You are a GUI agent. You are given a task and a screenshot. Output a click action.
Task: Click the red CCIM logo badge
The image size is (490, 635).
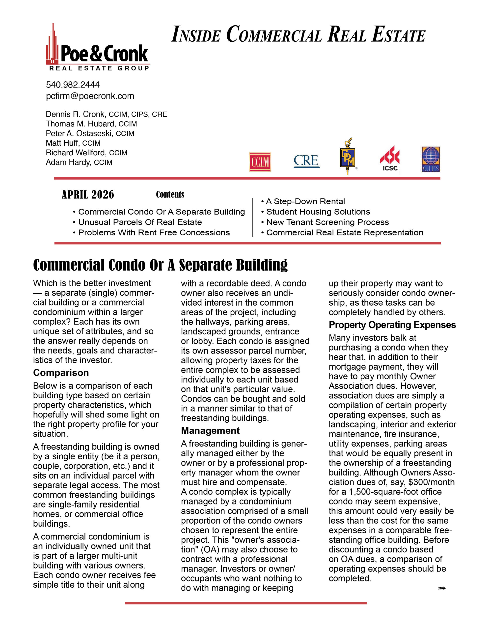(x=260, y=162)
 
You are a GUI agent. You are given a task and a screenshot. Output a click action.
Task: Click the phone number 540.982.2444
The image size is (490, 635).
(x=73, y=85)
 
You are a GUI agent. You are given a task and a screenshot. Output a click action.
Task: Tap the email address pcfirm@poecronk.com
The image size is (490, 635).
(x=90, y=96)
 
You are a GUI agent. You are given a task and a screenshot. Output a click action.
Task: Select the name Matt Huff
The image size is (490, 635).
(x=62, y=143)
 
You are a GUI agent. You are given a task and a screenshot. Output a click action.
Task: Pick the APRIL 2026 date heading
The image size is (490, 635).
(x=88, y=194)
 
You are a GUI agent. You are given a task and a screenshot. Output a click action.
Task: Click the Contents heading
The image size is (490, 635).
(x=170, y=194)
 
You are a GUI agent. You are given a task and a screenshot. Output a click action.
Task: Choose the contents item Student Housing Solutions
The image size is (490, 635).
(x=318, y=212)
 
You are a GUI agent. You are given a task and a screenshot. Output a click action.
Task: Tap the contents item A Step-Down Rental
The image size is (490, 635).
(x=305, y=201)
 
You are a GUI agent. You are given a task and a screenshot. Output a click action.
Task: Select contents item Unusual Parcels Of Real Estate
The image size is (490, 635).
(x=140, y=222)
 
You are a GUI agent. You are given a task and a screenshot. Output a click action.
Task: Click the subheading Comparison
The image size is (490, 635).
(x=61, y=373)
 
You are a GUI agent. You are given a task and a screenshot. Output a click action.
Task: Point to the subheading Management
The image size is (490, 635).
(x=210, y=430)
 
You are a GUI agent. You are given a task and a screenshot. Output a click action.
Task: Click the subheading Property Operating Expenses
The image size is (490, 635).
(x=392, y=325)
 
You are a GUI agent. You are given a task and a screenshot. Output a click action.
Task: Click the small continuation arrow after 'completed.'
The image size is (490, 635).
(x=442, y=588)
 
